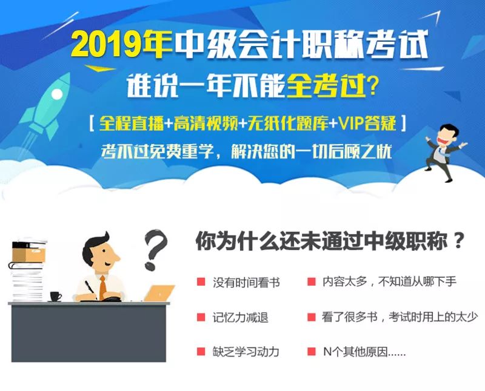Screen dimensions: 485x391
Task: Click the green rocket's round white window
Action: tap(56, 94)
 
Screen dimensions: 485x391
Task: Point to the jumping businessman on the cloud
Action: tap(444, 152)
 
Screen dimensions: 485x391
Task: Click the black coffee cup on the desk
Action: tap(55, 297)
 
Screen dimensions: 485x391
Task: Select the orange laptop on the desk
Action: tap(159, 293)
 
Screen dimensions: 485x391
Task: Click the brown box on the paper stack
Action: tap(28, 255)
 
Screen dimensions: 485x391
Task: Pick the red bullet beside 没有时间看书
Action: tap(201, 281)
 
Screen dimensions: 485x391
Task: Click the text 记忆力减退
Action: tap(240, 318)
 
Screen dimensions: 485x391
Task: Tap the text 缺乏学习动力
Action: tap(246, 352)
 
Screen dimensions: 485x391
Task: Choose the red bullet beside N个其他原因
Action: tap(311, 351)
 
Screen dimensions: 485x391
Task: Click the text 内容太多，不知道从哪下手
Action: tap(389, 281)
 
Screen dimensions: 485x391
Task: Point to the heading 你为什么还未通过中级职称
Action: tap(321, 240)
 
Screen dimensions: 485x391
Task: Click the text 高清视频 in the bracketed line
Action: tap(206, 123)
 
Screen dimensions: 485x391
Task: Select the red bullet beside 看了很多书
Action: tap(311, 317)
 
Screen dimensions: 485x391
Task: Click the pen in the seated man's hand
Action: tap(91, 289)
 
